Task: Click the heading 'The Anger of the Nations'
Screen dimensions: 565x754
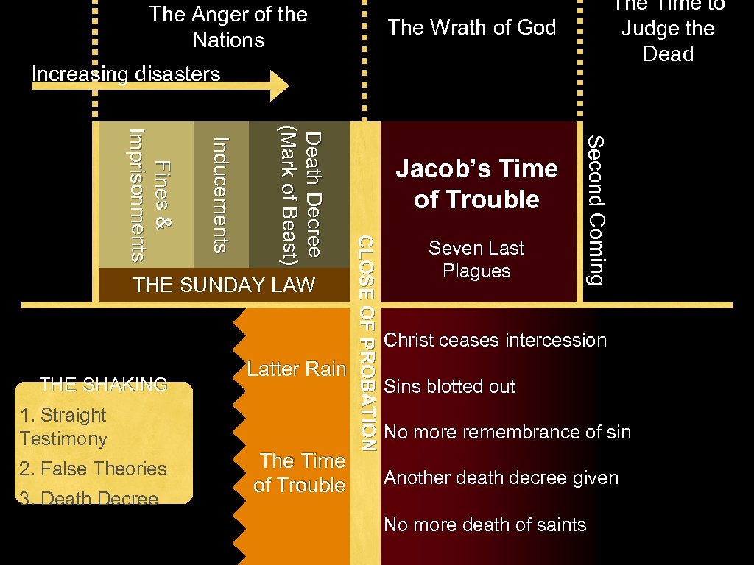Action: (228, 26)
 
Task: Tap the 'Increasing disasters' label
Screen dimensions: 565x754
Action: (126, 74)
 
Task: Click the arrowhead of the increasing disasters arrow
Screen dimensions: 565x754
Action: (281, 85)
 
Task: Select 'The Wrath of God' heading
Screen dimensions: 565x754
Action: (472, 28)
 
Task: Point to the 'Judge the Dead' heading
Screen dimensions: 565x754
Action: (668, 40)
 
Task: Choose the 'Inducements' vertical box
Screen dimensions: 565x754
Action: (221, 195)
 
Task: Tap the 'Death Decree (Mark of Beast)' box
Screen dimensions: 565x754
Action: (298, 195)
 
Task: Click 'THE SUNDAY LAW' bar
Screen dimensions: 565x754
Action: (224, 285)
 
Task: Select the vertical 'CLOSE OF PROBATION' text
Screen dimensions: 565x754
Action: (366, 342)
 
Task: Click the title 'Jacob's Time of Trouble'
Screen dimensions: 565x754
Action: (476, 184)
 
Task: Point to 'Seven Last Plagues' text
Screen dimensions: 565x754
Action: (476, 259)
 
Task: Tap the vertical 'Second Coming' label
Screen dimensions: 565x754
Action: (596, 210)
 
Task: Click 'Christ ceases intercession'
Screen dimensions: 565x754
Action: (496, 340)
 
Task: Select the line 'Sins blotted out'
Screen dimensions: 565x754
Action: (450, 386)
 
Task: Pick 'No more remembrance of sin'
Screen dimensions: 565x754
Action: (507, 432)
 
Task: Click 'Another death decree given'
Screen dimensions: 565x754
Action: (501, 478)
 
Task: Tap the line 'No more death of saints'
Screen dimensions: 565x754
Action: (485, 525)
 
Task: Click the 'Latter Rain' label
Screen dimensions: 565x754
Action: (296, 369)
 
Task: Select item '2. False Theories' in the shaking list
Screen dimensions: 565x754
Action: (94, 469)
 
